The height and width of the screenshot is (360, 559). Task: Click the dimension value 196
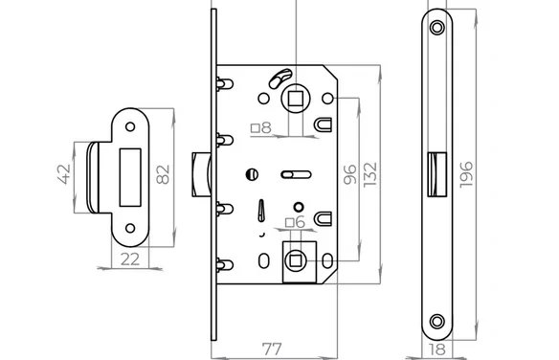(x=466, y=174)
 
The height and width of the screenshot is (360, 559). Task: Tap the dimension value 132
(x=370, y=174)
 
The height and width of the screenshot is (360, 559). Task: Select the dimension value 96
(x=350, y=174)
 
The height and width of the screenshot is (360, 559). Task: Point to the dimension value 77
(x=272, y=349)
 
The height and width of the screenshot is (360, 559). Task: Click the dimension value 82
(x=163, y=174)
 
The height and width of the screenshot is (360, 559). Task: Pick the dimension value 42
(x=64, y=174)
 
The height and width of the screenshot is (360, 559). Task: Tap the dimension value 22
(x=130, y=259)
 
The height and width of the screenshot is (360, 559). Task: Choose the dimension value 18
(x=437, y=349)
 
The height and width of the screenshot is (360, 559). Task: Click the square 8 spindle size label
(x=261, y=127)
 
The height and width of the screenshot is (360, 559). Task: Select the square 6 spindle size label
(x=296, y=222)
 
